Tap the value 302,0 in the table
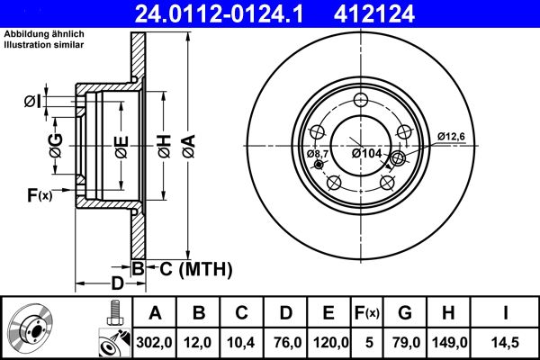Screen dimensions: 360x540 point(155,342)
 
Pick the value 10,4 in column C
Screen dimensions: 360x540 point(242,342)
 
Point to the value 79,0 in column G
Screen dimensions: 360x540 point(407,342)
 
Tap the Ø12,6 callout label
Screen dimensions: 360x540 point(451,136)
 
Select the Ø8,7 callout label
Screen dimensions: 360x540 point(319,154)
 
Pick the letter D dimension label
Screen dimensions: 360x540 point(116,283)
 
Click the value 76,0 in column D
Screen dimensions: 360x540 point(286,342)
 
